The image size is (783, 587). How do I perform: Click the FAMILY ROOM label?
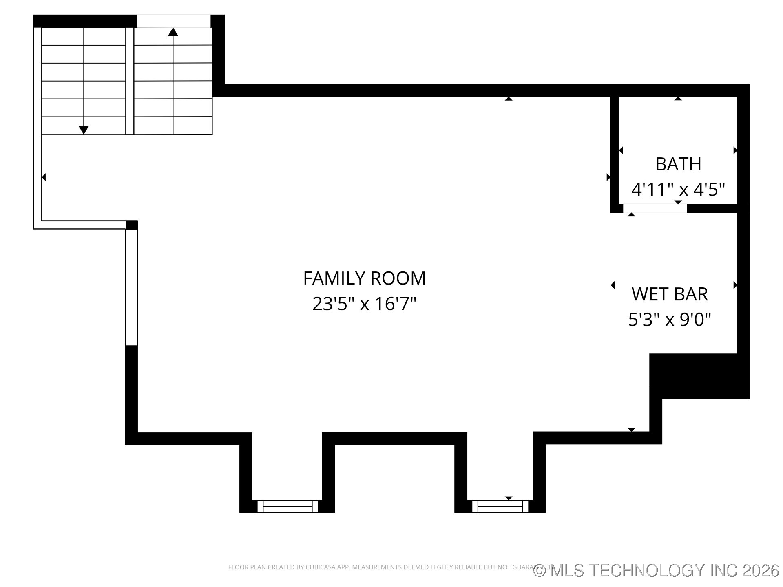[x=364, y=278]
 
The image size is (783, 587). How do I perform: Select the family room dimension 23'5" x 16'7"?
[x=364, y=304]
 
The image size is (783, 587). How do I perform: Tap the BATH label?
[x=678, y=164]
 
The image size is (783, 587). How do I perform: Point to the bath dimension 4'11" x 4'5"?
[x=678, y=190]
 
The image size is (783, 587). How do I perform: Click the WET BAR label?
[x=670, y=294]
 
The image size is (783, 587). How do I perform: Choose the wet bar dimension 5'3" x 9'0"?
[x=670, y=320]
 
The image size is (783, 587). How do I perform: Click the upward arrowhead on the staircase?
[x=173, y=32]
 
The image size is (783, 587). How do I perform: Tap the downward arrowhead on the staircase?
[x=84, y=130]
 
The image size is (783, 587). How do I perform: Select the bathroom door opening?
[x=655, y=208]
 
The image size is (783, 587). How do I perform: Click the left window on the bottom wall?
[x=287, y=506]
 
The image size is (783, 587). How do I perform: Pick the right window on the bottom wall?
[x=500, y=506]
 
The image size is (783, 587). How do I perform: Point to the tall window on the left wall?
[x=131, y=287]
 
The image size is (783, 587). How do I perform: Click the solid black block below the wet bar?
[x=699, y=376]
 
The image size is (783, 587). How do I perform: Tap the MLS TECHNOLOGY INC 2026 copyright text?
[x=656, y=570]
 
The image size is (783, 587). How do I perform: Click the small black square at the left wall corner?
[x=132, y=225]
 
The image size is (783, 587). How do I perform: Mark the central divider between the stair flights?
[x=130, y=81]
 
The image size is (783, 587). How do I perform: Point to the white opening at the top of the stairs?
[x=173, y=21]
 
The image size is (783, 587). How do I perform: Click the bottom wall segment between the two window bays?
[x=394, y=438]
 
